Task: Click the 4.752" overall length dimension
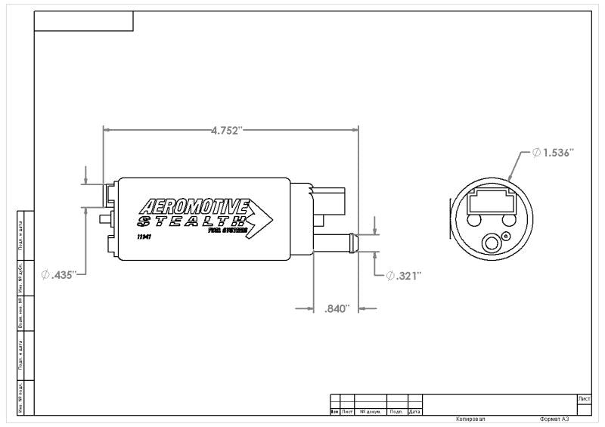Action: (x=226, y=130)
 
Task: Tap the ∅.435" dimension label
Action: (x=60, y=275)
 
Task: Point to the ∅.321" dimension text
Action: (x=403, y=275)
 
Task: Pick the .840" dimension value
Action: (x=337, y=308)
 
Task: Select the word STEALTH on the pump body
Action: (x=191, y=222)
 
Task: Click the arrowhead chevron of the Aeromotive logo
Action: (x=261, y=218)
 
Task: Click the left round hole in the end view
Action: (x=475, y=220)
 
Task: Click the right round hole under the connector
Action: (x=508, y=220)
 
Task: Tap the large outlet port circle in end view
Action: (x=492, y=243)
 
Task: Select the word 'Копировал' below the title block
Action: (x=470, y=418)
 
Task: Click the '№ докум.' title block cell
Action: (x=370, y=412)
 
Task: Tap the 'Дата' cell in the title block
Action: (x=414, y=412)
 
